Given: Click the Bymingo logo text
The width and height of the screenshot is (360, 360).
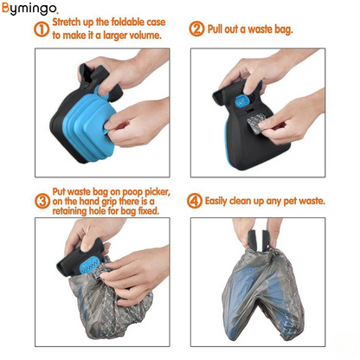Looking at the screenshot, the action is [30, 9].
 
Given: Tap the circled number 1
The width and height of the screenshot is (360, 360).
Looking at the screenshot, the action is [42, 29].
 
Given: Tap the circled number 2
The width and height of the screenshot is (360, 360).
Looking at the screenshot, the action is [196, 29].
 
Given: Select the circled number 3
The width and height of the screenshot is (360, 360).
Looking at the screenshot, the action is [42, 201].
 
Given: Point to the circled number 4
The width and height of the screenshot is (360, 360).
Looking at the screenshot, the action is [195, 201].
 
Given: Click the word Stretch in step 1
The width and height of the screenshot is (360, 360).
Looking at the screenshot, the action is [67, 22].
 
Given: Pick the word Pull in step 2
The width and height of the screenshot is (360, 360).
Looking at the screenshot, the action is [215, 29].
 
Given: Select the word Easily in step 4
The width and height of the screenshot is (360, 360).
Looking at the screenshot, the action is [216, 201].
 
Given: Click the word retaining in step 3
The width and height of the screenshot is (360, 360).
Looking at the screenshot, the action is [69, 211].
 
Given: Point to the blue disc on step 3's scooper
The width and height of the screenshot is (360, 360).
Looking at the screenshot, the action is [90, 266].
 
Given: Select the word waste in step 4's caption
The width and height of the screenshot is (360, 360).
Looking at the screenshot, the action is [314, 201].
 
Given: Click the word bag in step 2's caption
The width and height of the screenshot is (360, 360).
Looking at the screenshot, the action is [283, 30].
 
